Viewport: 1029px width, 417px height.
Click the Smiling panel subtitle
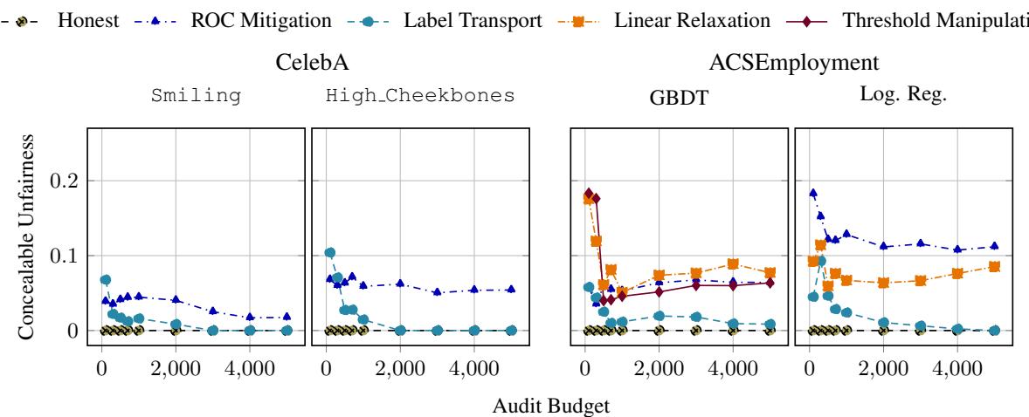pyautogui.click(x=196, y=96)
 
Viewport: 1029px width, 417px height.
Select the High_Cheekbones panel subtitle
pyautogui.click(x=419, y=96)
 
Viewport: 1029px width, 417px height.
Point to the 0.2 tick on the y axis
pyautogui.click(x=65, y=181)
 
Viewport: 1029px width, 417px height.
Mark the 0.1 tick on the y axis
pyautogui.click(x=65, y=256)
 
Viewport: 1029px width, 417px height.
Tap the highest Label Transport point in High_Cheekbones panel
pyautogui.click(x=330, y=253)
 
